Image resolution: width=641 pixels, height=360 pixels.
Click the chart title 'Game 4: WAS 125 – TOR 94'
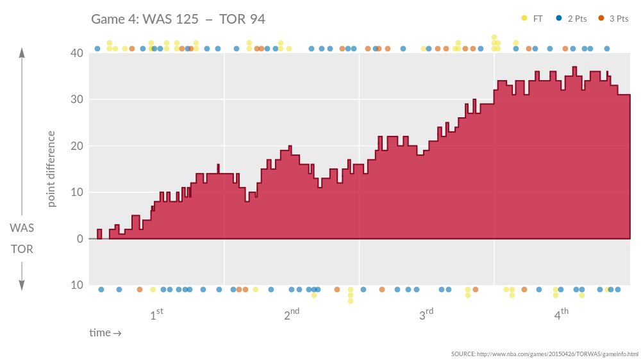(x=178, y=19)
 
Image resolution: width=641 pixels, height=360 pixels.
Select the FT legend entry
(x=533, y=19)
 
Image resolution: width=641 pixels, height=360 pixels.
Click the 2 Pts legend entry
(x=572, y=19)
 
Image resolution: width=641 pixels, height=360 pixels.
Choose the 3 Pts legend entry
(x=613, y=19)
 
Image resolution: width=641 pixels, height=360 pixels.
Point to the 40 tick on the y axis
(x=76, y=53)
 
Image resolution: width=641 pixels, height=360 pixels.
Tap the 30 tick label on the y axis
(x=76, y=99)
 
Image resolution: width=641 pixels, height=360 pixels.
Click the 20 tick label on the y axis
(x=76, y=146)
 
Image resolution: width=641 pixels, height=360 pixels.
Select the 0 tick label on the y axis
(x=79, y=239)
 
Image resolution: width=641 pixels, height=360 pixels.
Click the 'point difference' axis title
(x=51, y=169)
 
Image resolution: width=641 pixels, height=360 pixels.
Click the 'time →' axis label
(x=105, y=333)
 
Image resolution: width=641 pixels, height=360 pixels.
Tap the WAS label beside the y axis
(x=22, y=228)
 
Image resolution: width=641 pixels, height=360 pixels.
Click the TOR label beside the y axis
(x=22, y=249)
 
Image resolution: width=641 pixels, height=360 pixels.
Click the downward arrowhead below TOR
(x=22, y=286)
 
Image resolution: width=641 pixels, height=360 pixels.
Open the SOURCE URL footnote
(x=544, y=354)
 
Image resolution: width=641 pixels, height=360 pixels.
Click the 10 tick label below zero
(x=76, y=285)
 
